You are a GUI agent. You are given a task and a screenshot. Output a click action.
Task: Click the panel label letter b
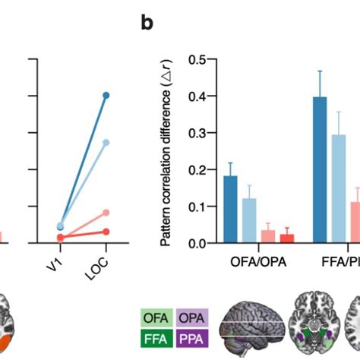[148, 23]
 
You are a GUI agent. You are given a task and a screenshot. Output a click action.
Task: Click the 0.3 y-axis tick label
[198, 132]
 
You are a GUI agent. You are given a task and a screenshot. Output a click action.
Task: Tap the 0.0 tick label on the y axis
[198, 243]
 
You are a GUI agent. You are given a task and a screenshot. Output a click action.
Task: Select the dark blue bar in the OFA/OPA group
[230, 210]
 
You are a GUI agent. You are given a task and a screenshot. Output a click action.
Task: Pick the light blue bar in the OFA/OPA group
[249, 221]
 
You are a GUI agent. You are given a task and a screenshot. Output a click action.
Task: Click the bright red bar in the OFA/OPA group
[286, 238]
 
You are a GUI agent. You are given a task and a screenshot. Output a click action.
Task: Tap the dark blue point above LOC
[106, 95]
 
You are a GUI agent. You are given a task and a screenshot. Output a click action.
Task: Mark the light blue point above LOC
[106, 142]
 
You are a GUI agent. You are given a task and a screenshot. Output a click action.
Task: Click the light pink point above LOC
[106, 212]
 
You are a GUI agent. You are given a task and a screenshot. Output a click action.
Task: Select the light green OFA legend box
[156, 317]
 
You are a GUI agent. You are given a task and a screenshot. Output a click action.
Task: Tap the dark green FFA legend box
[156, 336]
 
